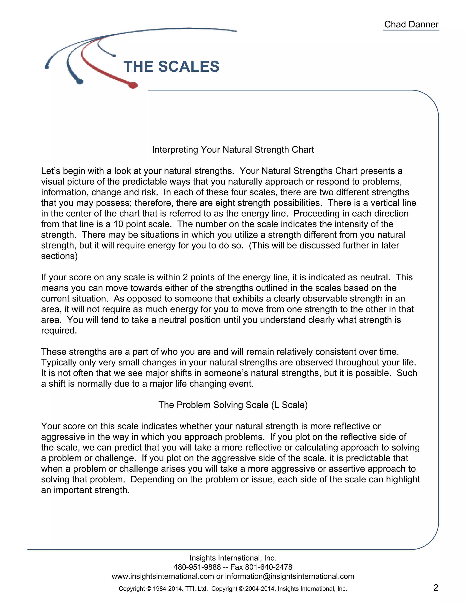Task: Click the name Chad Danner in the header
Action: [411, 24]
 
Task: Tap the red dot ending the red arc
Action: [133, 85]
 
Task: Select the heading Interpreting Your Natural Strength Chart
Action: [233, 150]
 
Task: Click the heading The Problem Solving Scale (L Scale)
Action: [233, 405]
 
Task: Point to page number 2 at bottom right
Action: [436, 587]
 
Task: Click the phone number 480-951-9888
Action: [197, 567]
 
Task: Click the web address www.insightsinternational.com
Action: [163, 576]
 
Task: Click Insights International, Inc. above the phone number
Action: [233, 558]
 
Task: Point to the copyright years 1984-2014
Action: [167, 589]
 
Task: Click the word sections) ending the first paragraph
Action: [59, 256]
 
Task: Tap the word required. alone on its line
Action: [59, 330]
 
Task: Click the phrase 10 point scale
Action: [142, 224]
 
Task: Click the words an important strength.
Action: [85, 490]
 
